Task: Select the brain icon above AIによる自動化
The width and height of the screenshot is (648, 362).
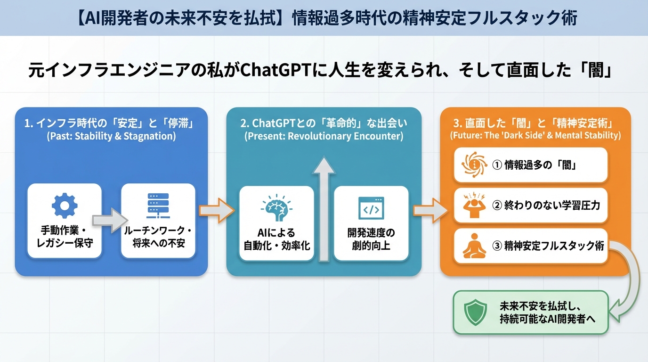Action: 276,208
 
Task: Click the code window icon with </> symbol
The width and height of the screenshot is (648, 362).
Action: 371,208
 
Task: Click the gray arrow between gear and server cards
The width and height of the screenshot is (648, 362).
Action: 110,221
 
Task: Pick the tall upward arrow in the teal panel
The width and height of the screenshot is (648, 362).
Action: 324,207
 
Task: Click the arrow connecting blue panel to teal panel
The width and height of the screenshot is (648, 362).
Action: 217,210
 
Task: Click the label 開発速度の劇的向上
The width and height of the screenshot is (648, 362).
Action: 371,239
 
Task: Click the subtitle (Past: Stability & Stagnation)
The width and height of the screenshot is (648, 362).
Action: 111,137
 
